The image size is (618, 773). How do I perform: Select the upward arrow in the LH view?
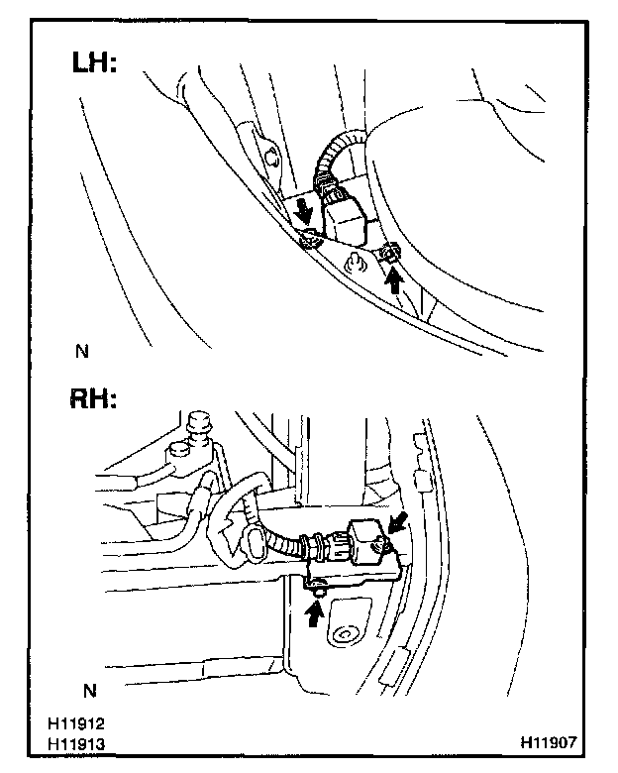(395, 279)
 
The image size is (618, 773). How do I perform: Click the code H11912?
(81, 724)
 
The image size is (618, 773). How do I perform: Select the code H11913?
(81, 741)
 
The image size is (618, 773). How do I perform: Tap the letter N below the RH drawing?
(90, 688)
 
